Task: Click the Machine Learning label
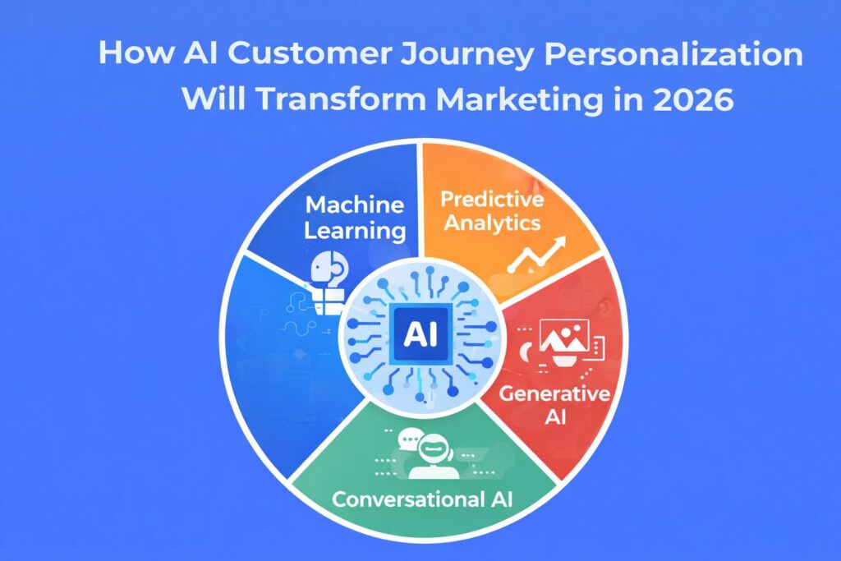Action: (355, 217)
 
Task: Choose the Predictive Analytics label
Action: (490, 210)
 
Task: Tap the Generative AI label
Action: (555, 406)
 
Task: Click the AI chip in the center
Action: (420, 335)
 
